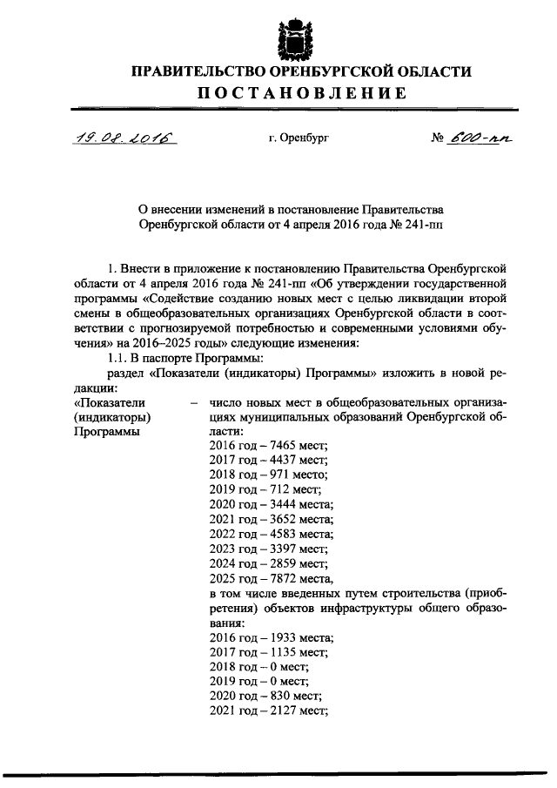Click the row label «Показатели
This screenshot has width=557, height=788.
pos(109,401)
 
